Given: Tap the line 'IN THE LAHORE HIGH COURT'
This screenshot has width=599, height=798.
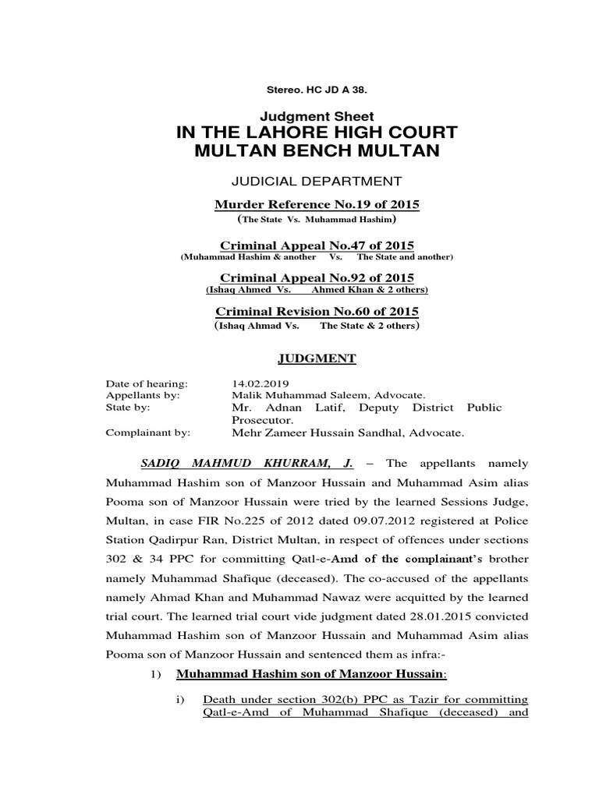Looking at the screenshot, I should pos(317,132).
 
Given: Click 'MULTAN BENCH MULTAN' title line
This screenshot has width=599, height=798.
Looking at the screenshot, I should pos(317,151).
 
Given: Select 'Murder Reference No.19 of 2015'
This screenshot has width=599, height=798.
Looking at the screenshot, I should pos(317,204).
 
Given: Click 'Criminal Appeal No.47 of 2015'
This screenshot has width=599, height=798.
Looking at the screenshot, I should pos(317,245).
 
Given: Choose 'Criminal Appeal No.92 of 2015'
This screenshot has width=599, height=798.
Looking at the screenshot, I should pos(317,277).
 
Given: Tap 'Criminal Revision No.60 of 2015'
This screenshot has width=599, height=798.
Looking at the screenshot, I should pos(317,311).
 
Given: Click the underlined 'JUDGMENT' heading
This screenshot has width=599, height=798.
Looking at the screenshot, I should pos(317,358).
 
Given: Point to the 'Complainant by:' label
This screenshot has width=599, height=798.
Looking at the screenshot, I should pos(147,430).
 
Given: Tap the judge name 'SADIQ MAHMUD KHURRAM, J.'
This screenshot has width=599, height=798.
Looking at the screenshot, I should pos(247,463).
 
